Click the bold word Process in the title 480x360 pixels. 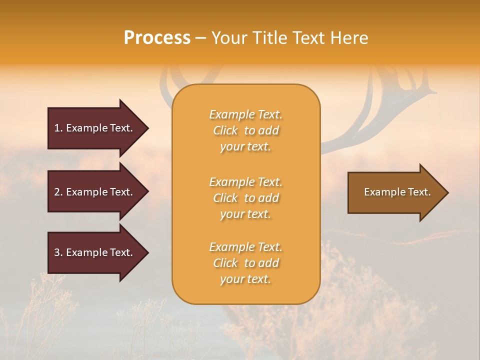(x=157, y=38)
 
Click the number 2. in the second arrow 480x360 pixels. (x=58, y=192)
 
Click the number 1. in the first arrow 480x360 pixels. (x=58, y=128)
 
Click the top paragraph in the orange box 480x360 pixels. (x=245, y=130)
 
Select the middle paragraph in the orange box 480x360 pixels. (x=245, y=198)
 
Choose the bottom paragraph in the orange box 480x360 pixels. (x=245, y=263)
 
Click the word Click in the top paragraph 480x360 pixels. (x=225, y=130)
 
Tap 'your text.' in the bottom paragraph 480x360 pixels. (x=245, y=279)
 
